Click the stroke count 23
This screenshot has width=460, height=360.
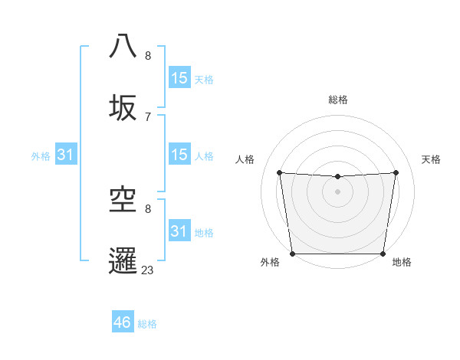(x=148, y=270)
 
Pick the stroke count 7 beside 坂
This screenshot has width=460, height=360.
(x=148, y=116)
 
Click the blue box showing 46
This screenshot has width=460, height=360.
(x=123, y=322)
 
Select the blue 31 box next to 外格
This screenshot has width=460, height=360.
(x=65, y=155)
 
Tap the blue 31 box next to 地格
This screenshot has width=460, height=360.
(x=179, y=231)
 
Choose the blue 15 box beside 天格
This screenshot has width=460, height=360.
(x=179, y=78)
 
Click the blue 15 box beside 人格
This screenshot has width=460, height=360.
(x=179, y=155)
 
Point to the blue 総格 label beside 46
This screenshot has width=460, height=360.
(x=147, y=324)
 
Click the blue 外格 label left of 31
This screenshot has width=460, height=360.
(x=41, y=156)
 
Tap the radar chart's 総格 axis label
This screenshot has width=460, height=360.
(x=338, y=100)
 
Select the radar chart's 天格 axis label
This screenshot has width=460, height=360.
(x=432, y=159)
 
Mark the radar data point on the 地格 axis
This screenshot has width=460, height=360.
(x=383, y=254)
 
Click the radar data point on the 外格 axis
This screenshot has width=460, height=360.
(x=292, y=254)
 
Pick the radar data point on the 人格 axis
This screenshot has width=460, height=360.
(x=279, y=172)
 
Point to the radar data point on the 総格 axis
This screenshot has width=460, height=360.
(x=337, y=177)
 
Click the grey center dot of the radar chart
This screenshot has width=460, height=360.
(x=337, y=191)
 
